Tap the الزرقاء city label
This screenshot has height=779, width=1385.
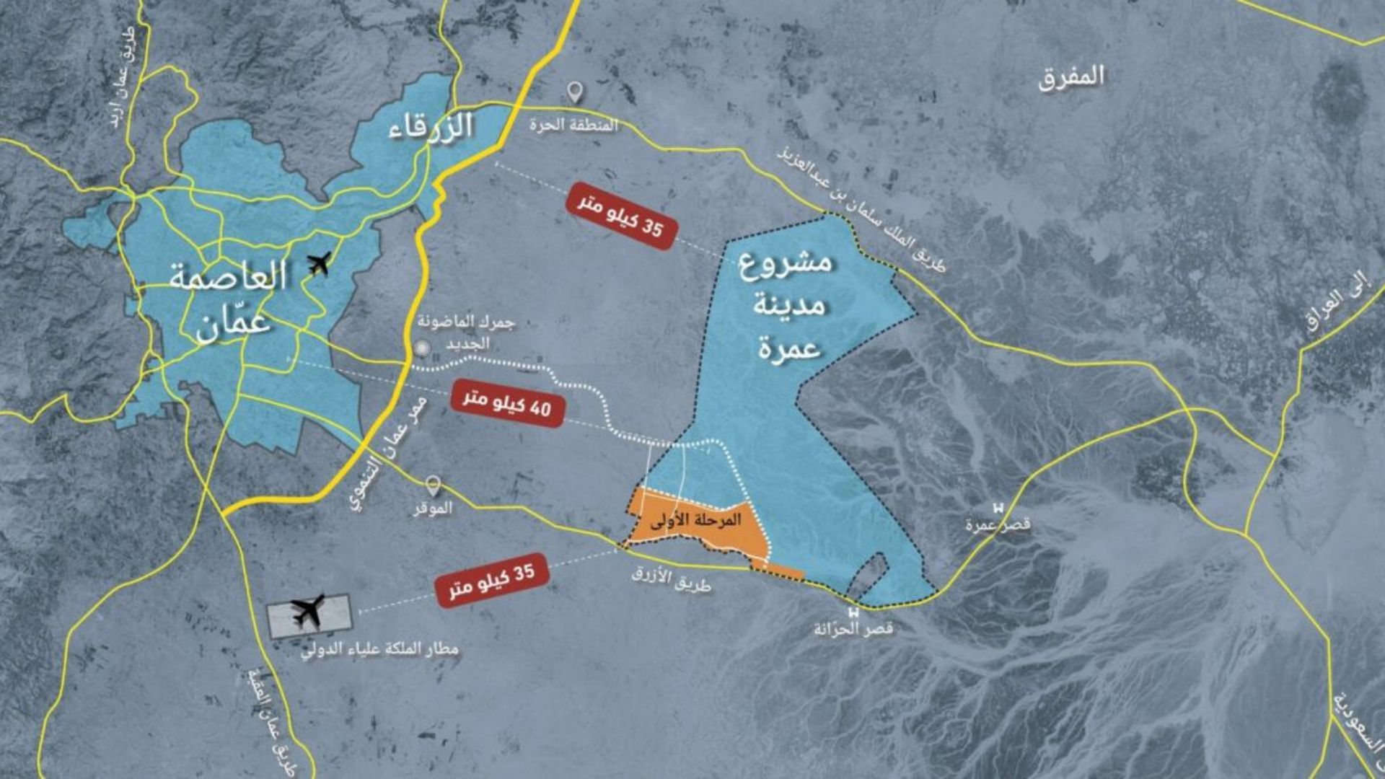pyautogui.click(x=431, y=127)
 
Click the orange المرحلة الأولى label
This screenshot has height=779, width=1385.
pyautogui.click(x=695, y=521)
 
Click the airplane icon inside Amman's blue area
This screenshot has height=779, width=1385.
pyautogui.click(x=318, y=264)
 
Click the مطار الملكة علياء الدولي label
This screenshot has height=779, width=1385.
pyautogui.click(x=380, y=650)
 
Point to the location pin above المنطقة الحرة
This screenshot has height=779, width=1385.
pyautogui.click(x=574, y=92)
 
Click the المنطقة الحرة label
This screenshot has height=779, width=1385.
pyautogui.click(x=574, y=125)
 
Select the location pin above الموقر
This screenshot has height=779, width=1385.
pyautogui.click(x=433, y=484)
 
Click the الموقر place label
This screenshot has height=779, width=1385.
pyautogui.click(x=433, y=508)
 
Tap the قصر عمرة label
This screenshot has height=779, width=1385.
pyautogui.click(x=998, y=525)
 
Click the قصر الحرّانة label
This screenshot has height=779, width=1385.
pyautogui.click(x=853, y=629)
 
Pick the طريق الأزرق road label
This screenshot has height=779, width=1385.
pyautogui.click(x=672, y=578)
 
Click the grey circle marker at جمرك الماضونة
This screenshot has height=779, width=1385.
pyautogui.click(x=423, y=349)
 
